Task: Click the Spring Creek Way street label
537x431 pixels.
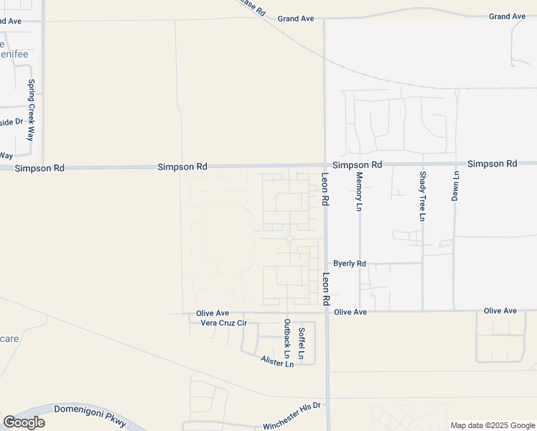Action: (32, 109)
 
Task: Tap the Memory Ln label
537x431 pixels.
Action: (360, 191)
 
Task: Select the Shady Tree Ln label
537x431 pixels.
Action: (423, 195)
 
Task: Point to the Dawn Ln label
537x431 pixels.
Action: (454, 185)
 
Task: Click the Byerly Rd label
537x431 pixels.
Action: (350, 264)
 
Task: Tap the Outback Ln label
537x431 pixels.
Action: (287, 338)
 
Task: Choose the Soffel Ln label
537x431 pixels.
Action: (302, 343)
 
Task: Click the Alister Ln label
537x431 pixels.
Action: (277, 362)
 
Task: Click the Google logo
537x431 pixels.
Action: (24, 422)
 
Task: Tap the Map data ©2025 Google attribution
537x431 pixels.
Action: (492, 425)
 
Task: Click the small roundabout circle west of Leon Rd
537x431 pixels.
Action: (289, 238)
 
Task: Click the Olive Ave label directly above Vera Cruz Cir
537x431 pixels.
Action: (213, 313)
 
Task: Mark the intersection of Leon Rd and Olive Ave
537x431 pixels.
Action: (327, 312)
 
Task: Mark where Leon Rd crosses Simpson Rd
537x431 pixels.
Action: (324, 165)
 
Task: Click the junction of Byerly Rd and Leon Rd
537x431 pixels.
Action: (326, 264)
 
